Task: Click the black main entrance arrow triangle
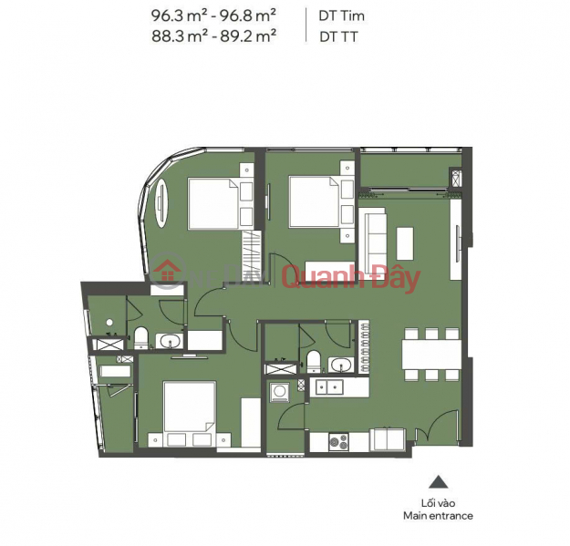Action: [x=440, y=483]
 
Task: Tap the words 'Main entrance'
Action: [x=440, y=516]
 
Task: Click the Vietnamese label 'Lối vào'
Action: [x=440, y=502]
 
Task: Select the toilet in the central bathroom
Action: [x=312, y=362]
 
